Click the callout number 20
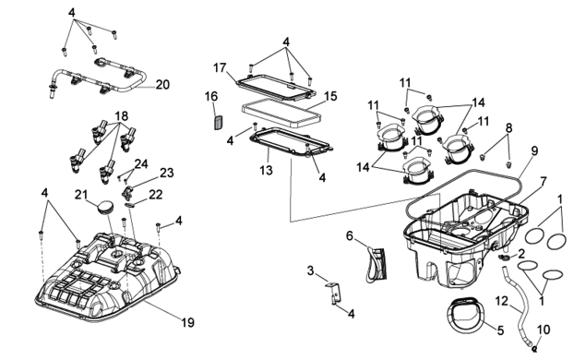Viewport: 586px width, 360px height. point(162,85)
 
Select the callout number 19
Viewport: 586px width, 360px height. point(188,322)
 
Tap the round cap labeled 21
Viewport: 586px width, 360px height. point(104,207)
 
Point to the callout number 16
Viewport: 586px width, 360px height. point(211,96)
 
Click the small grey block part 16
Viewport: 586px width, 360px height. point(218,122)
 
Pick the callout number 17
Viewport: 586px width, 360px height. point(221,67)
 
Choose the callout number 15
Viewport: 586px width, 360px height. point(330,96)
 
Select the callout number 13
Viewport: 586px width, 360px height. point(267,170)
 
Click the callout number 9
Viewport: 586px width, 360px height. point(534,151)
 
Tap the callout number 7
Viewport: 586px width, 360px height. point(543,182)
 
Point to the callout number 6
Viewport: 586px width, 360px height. point(350,236)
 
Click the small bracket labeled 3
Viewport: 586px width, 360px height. point(334,292)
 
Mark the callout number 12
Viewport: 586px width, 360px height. point(502,301)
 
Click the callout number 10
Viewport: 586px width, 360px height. point(544,330)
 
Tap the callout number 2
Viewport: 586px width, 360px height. point(521,254)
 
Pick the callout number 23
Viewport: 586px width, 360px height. point(167,173)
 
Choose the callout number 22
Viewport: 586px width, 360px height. point(155,195)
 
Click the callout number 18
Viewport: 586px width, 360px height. point(122,116)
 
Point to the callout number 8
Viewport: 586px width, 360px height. point(508,128)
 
